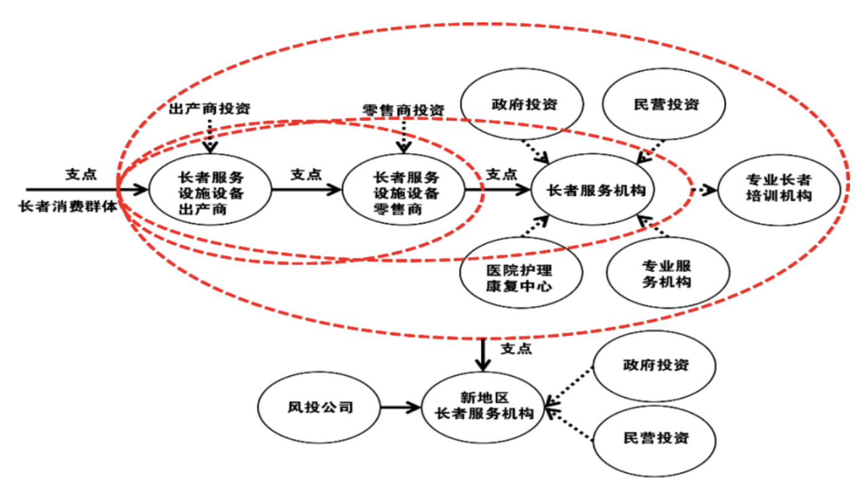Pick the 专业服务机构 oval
(666, 274)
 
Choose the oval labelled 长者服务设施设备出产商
(210, 193)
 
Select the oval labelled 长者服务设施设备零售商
(405, 193)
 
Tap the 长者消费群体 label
(68, 206)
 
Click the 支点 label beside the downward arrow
(516, 349)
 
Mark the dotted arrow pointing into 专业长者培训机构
(704, 189)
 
